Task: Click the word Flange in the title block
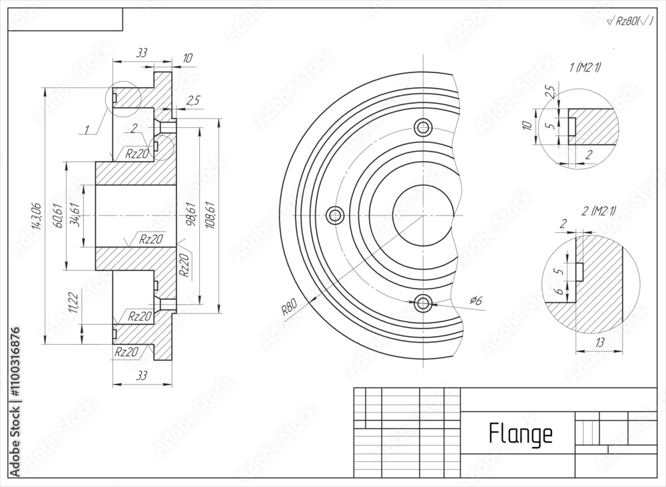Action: pos(520,433)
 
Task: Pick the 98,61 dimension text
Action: pos(191,215)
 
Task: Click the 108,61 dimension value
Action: pos(211,215)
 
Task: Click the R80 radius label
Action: pos(288,307)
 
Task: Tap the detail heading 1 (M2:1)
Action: pos(585,67)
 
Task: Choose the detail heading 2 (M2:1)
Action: pos(599,211)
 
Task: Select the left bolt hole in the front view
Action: pos(335,215)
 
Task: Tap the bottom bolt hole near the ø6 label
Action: pos(422,303)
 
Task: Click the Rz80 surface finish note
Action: pos(629,21)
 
